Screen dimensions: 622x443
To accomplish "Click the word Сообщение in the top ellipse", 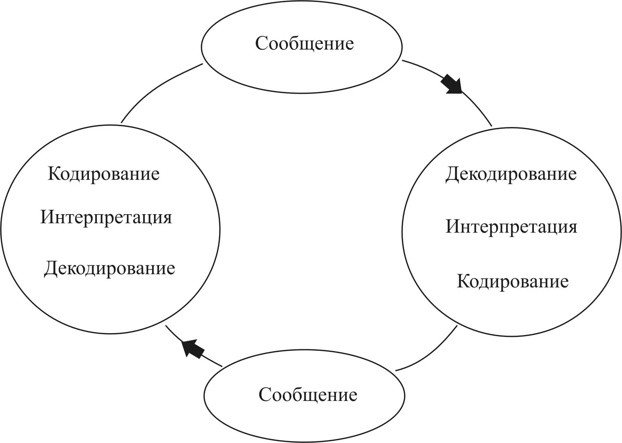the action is click(x=304, y=44).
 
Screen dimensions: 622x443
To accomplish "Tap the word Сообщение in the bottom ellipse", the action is click(x=308, y=395).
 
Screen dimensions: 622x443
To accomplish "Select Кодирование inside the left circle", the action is click(x=103, y=174).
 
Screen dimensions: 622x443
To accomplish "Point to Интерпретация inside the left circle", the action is click(x=106, y=217).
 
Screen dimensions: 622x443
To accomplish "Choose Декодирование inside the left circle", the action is click(x=109, y=269).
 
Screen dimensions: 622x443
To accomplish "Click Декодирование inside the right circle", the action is click(x=511, y=174).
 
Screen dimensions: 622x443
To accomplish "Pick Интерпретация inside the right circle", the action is click(x=511, y=227).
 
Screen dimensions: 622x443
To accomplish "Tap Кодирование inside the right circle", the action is click(x=513, y=282).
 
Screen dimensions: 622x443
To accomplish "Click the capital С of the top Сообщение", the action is click(x=261, y=44).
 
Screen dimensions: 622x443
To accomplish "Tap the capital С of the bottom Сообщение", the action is click(x=265, y=395).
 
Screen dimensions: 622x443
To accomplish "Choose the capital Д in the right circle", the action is click(x=452, y=175).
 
